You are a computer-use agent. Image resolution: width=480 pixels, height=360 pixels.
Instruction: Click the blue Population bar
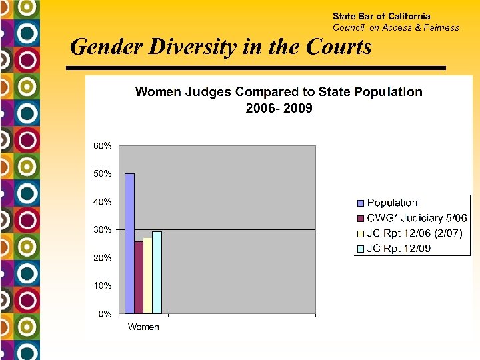click(129, 243)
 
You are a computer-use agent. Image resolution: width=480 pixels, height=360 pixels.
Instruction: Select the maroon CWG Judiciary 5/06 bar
click(139, 277)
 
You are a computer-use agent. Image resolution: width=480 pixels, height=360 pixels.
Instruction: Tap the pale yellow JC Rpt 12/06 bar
click(147, 275)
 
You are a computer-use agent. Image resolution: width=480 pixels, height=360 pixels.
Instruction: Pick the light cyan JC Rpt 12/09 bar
click(157, 273)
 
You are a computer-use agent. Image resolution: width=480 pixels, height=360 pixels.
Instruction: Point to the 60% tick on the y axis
click(102, 145)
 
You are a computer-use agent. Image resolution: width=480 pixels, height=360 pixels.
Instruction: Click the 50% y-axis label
click(102, 173)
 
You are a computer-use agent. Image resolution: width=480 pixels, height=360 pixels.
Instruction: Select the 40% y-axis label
click(102, 201)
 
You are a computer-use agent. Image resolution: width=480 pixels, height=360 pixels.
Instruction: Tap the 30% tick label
click(102, 229)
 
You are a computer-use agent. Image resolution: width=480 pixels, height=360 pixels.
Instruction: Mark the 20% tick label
click(102, 257)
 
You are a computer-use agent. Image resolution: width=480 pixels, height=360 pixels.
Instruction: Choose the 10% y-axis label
click(102, 285)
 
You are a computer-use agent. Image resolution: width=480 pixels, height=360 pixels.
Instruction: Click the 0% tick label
click(104, 313)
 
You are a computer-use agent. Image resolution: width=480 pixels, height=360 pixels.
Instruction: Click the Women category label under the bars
click(143, 327)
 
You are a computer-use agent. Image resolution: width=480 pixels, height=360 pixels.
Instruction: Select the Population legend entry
click(392, 203)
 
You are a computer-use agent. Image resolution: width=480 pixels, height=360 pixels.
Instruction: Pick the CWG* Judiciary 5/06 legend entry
click(417, 218)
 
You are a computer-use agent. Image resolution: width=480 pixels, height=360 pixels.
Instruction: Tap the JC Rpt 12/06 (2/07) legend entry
click(414, 234)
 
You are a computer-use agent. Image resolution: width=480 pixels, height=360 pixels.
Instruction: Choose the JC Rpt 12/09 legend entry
click(399, 249)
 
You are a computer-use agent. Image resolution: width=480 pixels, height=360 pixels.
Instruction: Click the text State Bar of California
click(381, 16)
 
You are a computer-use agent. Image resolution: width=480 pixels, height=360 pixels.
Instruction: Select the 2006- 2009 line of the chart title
click(279, 108)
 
